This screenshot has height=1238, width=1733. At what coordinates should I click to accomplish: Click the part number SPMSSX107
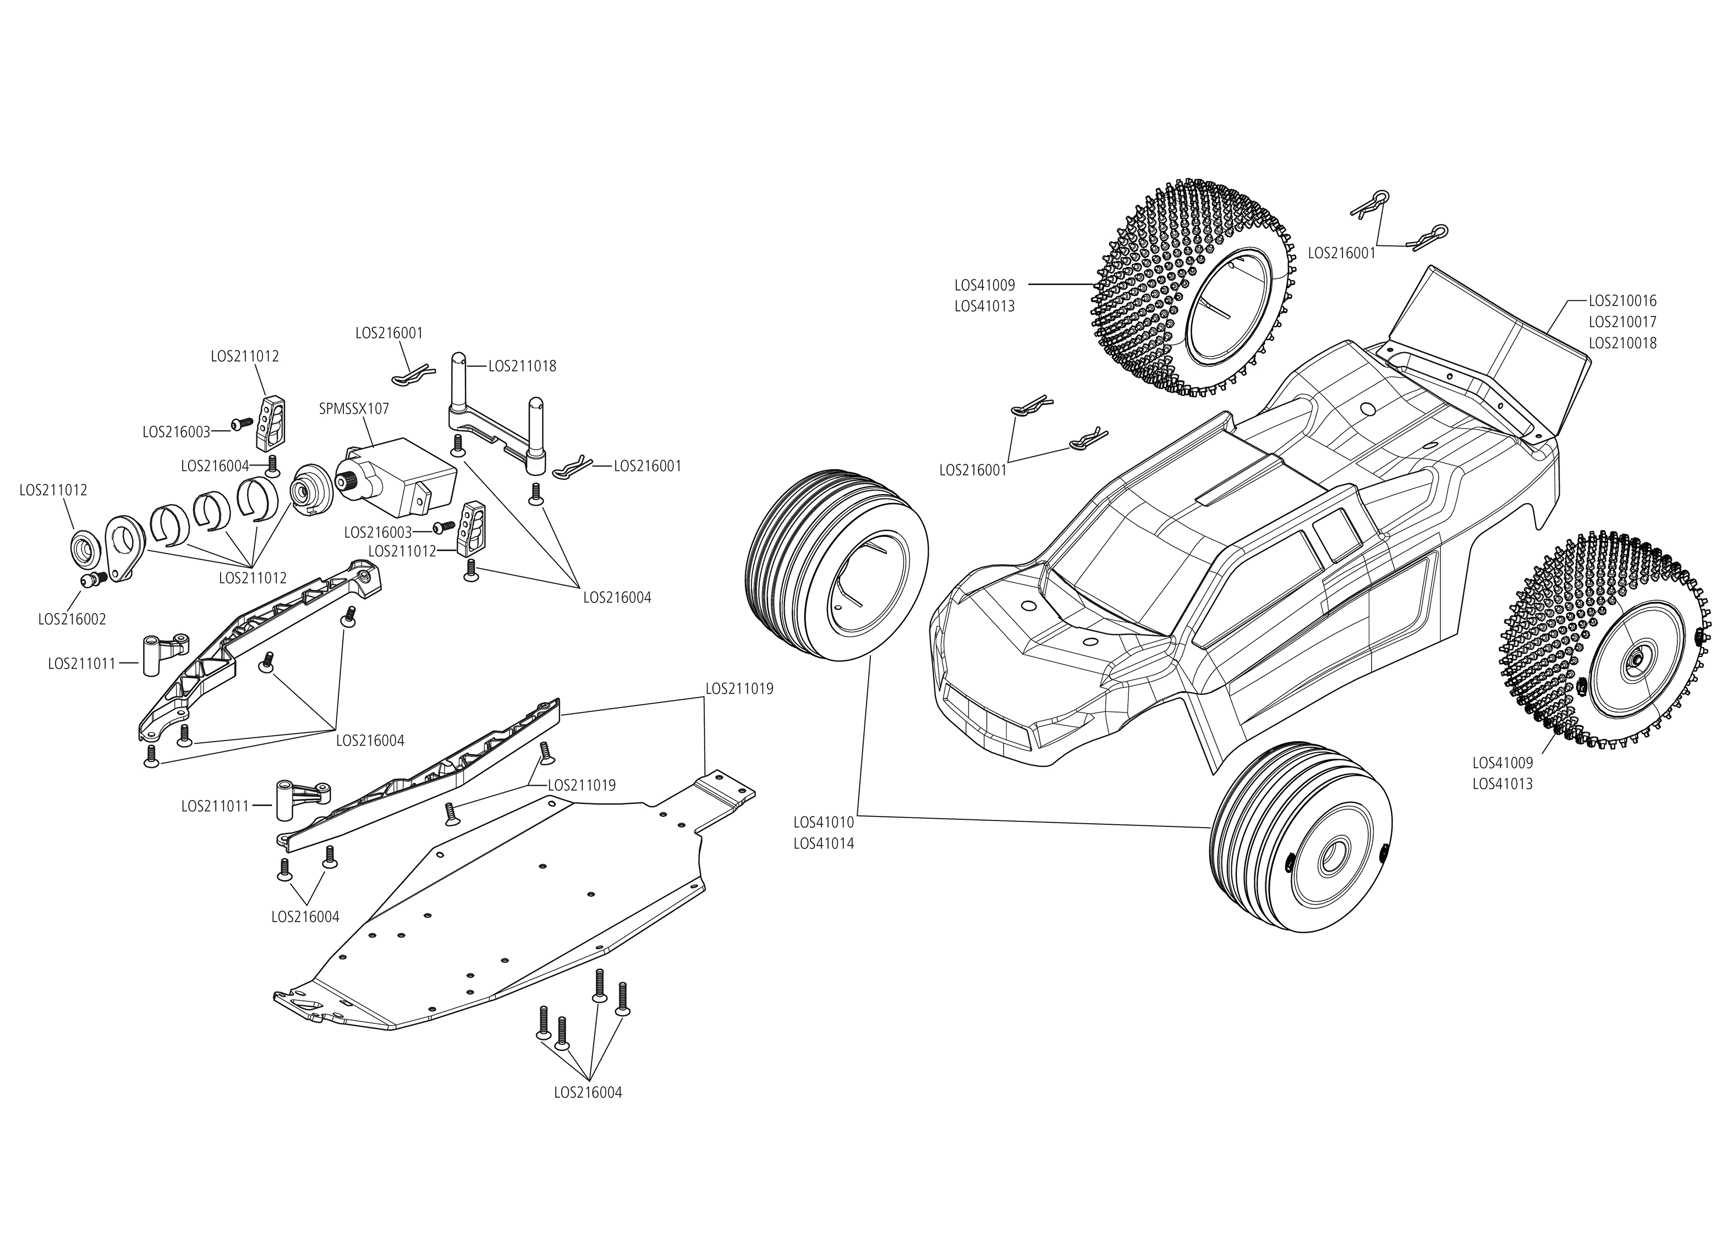tap(354, 409)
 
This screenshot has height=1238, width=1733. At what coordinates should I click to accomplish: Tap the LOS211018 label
tap(522, 366)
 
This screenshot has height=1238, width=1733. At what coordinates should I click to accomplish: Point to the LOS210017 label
tap(1622, 322)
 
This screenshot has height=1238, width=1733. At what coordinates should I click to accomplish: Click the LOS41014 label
tap(824, 844)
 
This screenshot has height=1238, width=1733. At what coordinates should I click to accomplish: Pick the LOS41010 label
tap(824, 823)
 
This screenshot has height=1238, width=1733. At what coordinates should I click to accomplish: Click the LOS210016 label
tap(1622, 301)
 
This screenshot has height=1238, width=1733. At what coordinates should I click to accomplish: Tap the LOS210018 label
tap(1622, 343)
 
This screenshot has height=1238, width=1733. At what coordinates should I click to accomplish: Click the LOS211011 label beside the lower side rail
tap(215, 806)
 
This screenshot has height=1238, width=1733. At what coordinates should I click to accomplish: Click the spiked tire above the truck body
tap(1197, 289)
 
